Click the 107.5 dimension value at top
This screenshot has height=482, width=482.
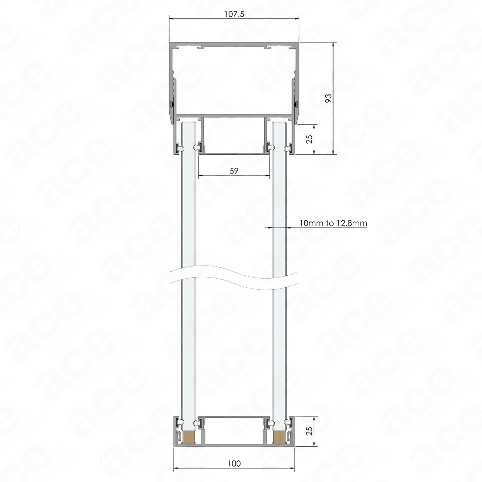[x=234, y=14]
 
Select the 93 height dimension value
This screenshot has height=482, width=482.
[x=329, y=98]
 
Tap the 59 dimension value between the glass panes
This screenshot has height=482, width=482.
[x=234, y=171]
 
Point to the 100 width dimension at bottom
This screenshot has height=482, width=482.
[x=234, y=463]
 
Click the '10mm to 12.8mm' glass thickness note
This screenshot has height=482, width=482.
[x=333, y=223]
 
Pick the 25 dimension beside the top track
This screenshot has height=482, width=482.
[x=310, y=139]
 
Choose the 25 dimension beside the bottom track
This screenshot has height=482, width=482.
[x=310, y=430]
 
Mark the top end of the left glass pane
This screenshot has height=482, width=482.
[x=189, y=122]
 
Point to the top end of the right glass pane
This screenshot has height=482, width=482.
[x=280, y=122]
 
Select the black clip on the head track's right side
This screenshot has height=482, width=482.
[x=296, y=104]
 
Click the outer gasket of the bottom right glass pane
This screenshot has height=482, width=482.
[x=289, y=422]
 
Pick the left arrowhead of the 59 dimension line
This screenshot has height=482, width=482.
[x=200, y=176]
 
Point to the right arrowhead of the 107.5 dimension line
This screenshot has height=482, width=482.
[x=297, y=19]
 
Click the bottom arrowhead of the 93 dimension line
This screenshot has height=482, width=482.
[x=333, y=152]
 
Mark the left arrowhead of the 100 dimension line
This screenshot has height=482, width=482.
[x=176, y=469]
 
